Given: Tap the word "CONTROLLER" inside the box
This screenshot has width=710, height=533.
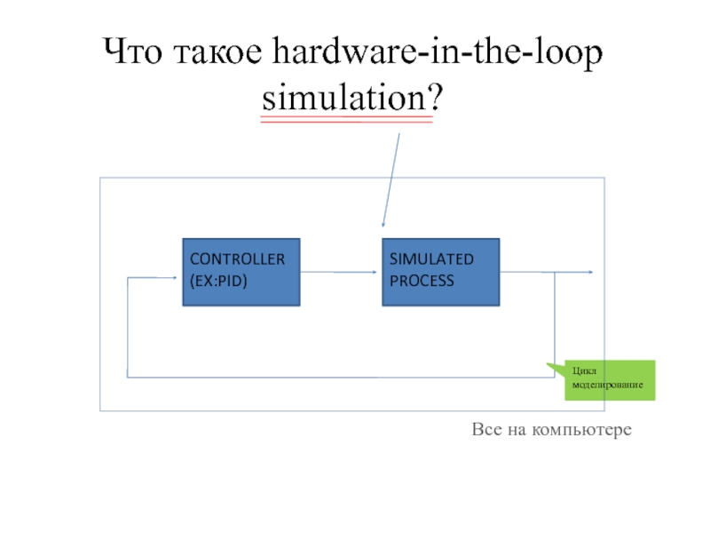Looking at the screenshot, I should [x=237, y=259].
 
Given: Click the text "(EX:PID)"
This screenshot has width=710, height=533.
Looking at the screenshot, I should [x=218, y=281].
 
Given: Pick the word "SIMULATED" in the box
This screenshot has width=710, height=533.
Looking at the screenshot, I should [x=431, y=259].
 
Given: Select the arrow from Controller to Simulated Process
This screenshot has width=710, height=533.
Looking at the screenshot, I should [x=341, y=272].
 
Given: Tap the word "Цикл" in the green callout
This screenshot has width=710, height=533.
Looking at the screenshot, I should [x=584, y=373].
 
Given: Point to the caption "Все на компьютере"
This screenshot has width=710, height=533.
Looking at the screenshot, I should [x=551, y=430].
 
